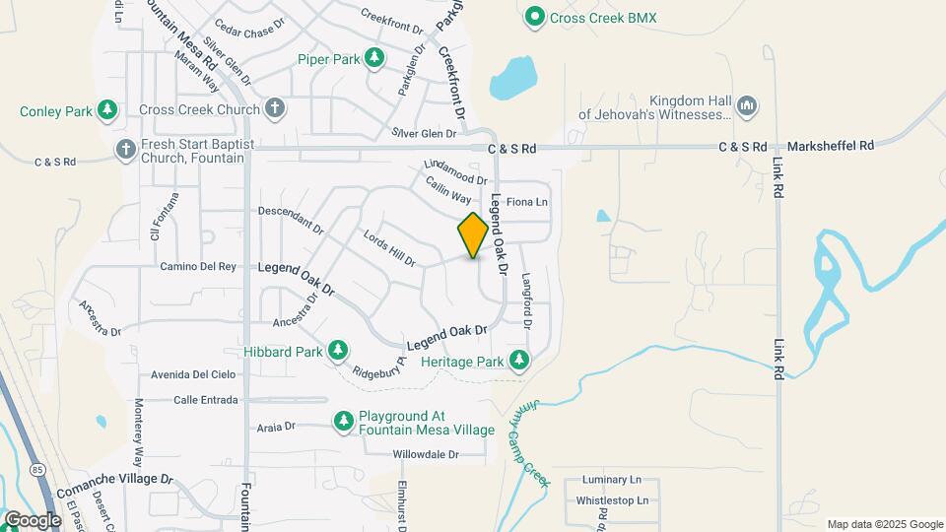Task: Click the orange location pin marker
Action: coord(473,234)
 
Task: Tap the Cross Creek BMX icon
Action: coord(535,17)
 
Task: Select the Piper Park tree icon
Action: coord(374,58)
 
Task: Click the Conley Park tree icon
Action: coord(107,110)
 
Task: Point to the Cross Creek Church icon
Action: coord(275,109)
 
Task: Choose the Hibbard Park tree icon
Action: coord(338,351)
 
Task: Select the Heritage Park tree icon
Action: coord(518,362)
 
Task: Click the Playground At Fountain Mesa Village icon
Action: coord(344,423)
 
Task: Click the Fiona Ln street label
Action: coord(526,202)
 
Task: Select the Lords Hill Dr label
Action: coord(389,248)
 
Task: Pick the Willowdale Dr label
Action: coord(426,454)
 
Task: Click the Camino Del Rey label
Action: coord(199,266)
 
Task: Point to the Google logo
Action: coord(33,519)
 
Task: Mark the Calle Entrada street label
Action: coord(205,400)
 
